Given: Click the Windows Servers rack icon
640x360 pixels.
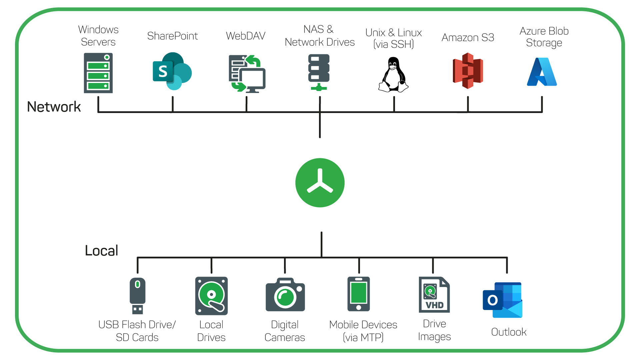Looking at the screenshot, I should pos(98,73).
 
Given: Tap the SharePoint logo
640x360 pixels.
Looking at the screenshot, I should pos(172,71).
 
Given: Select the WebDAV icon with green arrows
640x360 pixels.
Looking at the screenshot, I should pos(247,74).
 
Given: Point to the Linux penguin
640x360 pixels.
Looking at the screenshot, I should pos(393,75).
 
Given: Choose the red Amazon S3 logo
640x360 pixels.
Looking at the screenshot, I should pos(468,71).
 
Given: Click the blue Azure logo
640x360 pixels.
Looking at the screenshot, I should pos(542,72).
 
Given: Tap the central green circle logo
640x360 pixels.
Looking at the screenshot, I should pos(320,183).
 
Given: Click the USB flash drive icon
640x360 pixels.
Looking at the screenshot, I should pos(137,295).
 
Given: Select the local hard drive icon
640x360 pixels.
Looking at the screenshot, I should pos(211,296).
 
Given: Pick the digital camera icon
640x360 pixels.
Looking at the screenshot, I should pos(285,295).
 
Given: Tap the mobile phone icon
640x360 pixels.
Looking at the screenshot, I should pos(359,294).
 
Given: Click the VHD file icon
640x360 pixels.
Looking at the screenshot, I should pos(434,295).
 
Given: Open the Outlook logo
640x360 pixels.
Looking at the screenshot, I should pos(503,300).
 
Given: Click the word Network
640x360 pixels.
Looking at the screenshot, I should pos(54,107).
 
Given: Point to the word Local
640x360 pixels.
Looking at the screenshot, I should pos(101,251).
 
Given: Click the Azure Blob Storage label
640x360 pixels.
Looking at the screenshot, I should pos(544,37).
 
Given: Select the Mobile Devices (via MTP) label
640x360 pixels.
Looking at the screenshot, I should pos(363,331).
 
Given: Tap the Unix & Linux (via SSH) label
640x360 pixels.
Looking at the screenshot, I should pos(393,38).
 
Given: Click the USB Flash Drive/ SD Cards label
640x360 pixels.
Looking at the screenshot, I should pos(137,331).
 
